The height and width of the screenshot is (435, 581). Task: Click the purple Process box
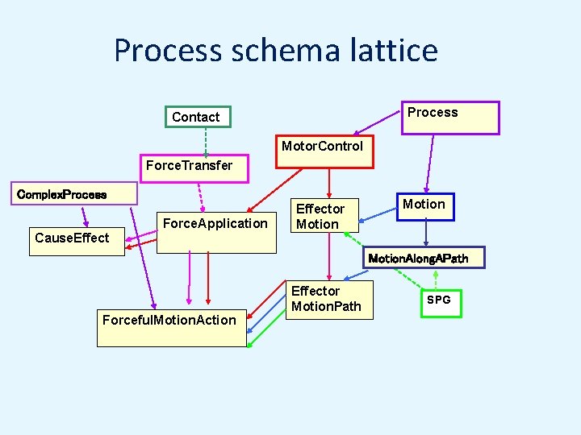pos(451,118)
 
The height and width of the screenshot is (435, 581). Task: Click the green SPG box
pos(441,303)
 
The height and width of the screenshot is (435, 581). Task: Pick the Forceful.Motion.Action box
pos(171,327)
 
